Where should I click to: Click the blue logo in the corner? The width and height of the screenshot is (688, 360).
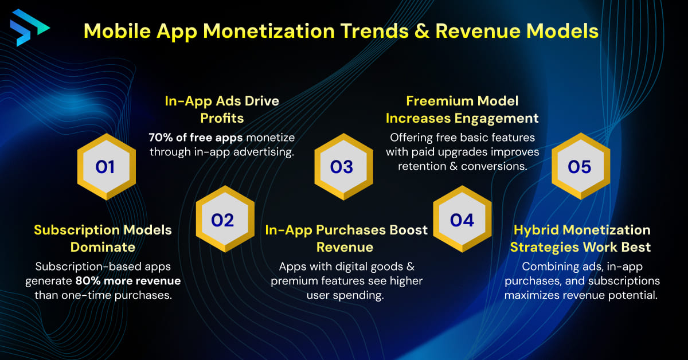(29, 27)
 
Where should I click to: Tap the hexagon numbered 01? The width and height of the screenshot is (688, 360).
(105, 167)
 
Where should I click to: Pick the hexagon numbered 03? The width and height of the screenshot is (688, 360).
(342, 167)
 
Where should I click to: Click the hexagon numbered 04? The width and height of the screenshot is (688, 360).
(462, 220)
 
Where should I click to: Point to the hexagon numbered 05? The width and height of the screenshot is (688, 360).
(580, 167)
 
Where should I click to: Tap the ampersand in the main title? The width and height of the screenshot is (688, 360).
(421, 31)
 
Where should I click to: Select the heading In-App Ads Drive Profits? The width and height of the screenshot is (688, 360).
(222, 109)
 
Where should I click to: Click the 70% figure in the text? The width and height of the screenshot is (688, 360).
(162, 138)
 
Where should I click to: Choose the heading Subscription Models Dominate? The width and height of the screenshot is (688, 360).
(103, 238)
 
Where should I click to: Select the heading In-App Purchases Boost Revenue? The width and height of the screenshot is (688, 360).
(346, 238)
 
